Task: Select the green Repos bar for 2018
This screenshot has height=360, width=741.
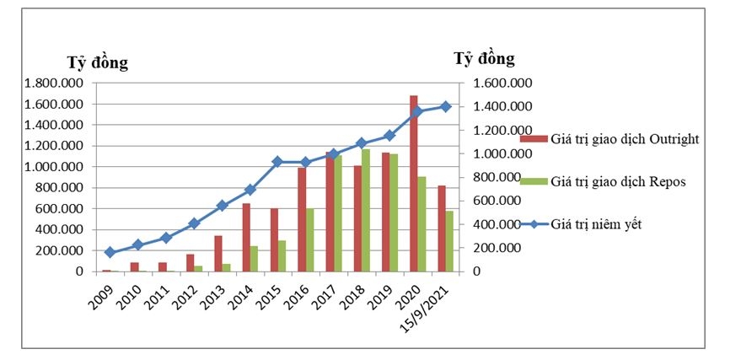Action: (x=366, y=210)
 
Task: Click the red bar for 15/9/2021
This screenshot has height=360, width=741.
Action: (x=443, y=228)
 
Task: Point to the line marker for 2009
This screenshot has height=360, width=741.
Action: (x=110, y=252)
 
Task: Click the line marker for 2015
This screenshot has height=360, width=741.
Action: (x=277, y=161)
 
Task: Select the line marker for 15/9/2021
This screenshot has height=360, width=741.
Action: (x=446, y=106)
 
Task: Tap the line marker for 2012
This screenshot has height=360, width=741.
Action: (x=194, y=223)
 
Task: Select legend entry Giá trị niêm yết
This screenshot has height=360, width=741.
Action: (x=600, y=223)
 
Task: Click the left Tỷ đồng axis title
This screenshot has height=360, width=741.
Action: (x=97, y=62)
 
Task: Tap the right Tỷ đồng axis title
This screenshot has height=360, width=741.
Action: (x=484, y=59)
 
